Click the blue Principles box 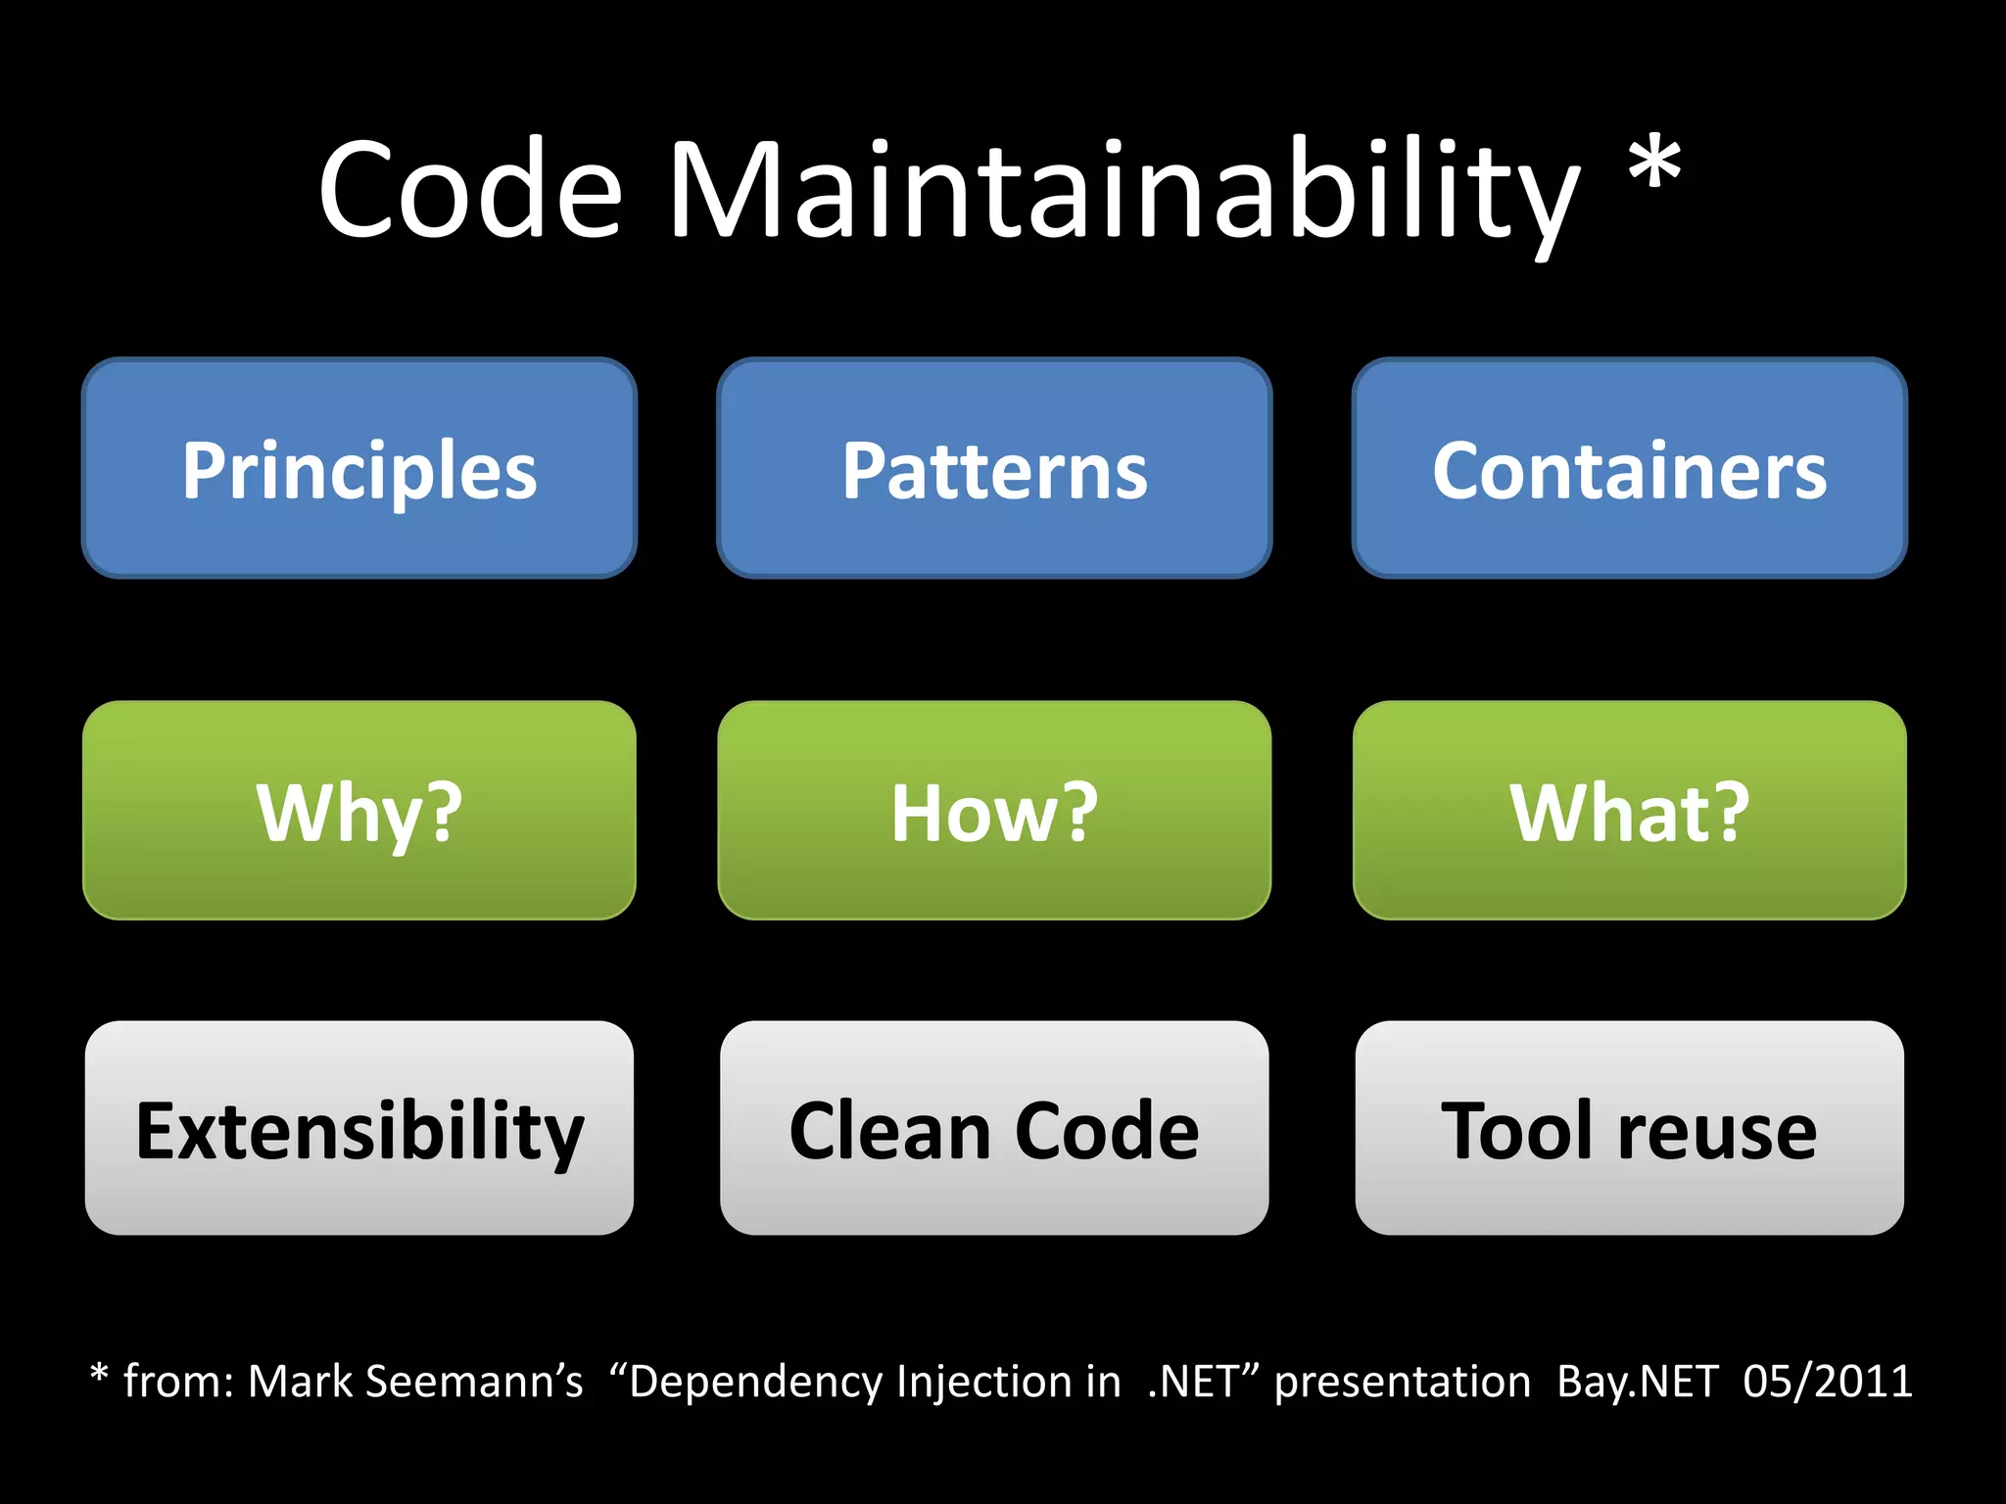pyautogui.click(x=359, y=468)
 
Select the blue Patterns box pyautogui.click(x=994, y=468)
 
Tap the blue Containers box pyautogui.click(x=1629, y=468)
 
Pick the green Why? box pyautogui.click(x=359, y=811)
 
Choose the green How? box pyautogui.click(x=994, y=811)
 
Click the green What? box pyautogui.click(x=1629, y=811)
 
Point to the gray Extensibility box pyautogui.click(x=359, y=1128)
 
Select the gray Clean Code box pyautogui.click(x=994, y=1128)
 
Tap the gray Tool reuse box pyautogui.click(x=1629, y=1128)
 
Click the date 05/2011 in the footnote pyautogui.click(x=1827, y=1382)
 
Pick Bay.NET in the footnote pyautogui.click(x=1637, y=1382)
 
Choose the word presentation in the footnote pyautogui.click(x=1402, y=1382)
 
